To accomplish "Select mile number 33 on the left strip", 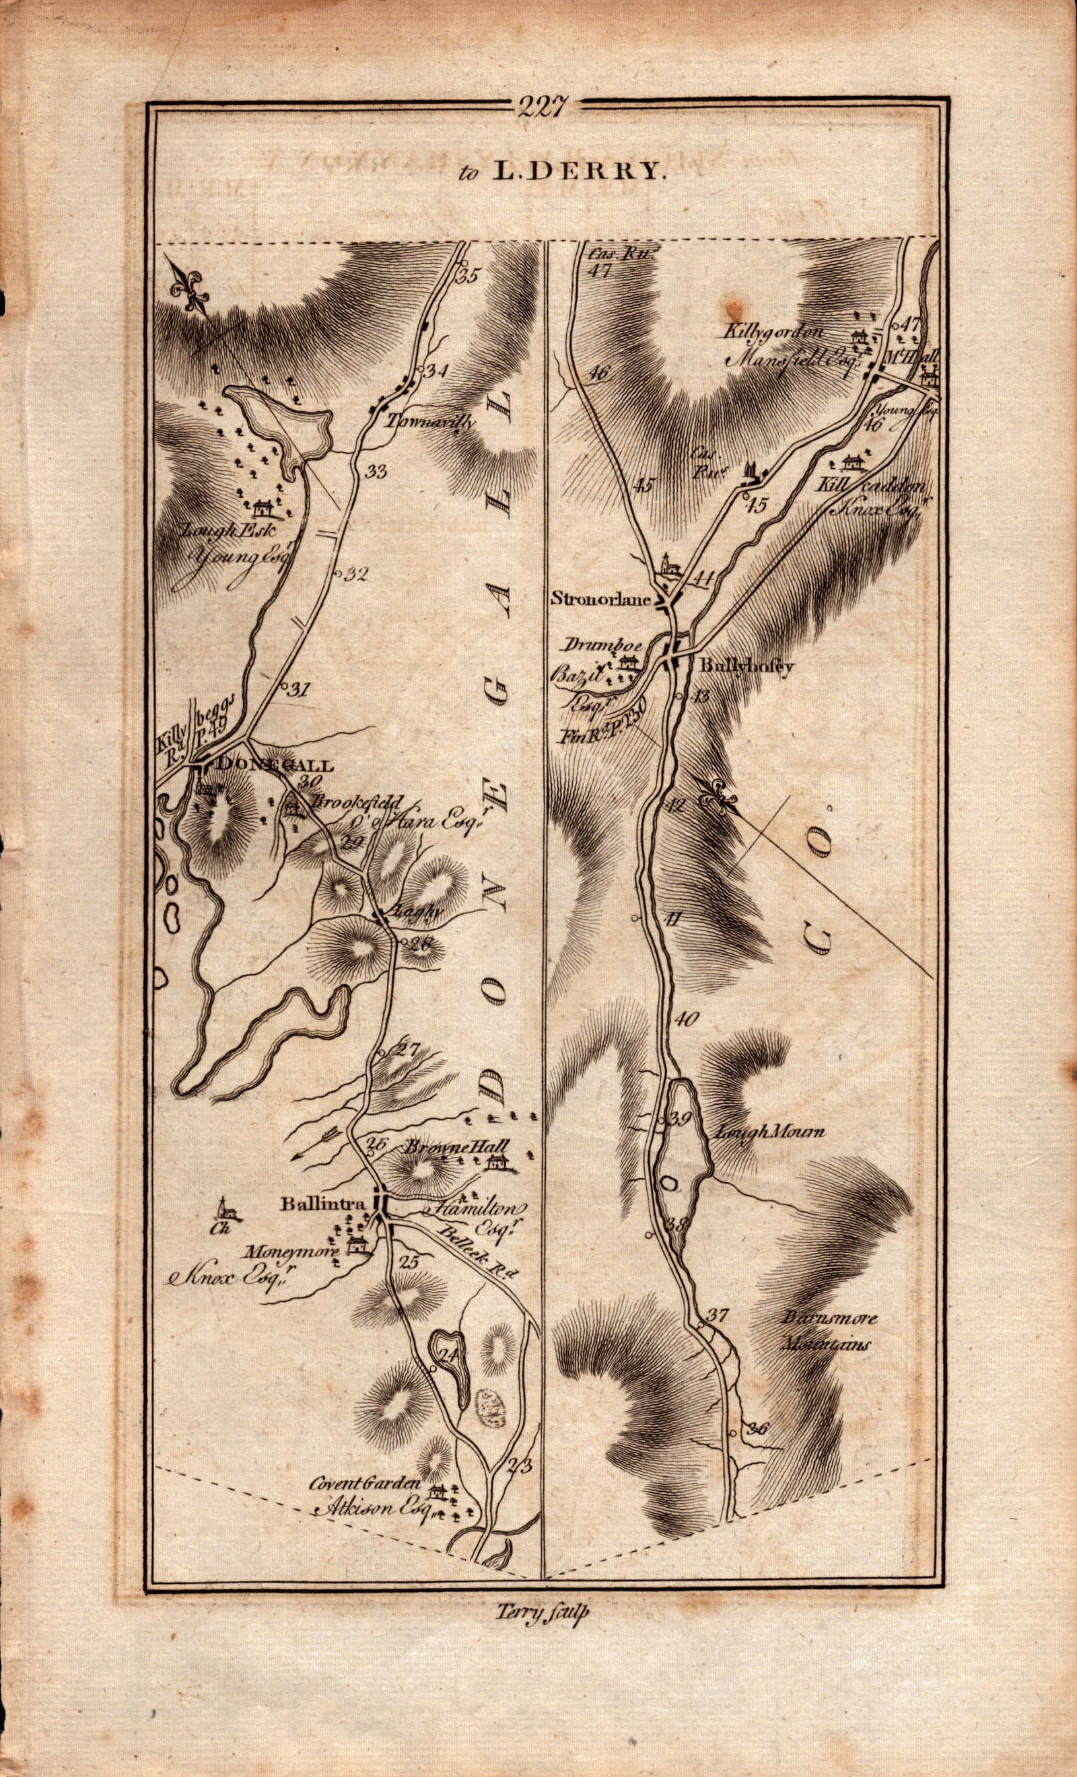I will click(376, 472).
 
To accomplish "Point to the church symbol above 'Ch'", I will click(227, 1206).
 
